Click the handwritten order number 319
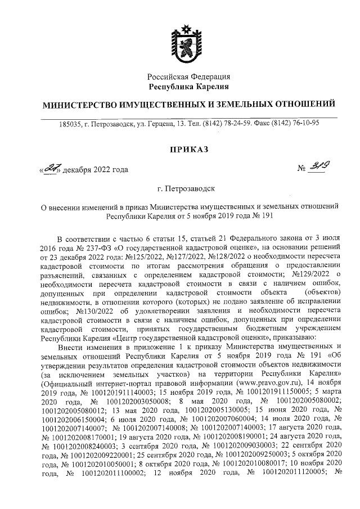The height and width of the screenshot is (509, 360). click(x=322, y=167)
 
